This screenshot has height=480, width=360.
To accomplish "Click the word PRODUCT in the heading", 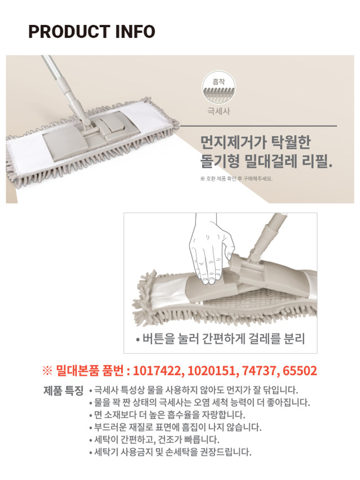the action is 69,31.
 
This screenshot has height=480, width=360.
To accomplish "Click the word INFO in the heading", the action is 135,31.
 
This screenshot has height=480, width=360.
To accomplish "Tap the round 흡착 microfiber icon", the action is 219,87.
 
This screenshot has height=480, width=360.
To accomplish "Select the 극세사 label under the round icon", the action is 219,111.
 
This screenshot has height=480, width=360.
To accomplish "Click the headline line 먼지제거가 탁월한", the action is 255,142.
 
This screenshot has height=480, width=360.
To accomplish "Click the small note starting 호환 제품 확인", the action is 236,179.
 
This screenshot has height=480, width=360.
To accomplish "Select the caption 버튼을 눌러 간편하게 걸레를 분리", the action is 221,339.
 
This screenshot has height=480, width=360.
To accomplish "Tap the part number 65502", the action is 299,371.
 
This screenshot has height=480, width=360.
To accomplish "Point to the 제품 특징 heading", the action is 64,391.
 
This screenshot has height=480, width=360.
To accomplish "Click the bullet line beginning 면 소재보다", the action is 167,415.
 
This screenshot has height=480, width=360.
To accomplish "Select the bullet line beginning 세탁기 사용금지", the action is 170,452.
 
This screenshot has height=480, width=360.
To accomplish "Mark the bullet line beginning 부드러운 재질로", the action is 175,427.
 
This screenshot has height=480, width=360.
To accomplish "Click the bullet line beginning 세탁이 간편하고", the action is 154,440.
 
